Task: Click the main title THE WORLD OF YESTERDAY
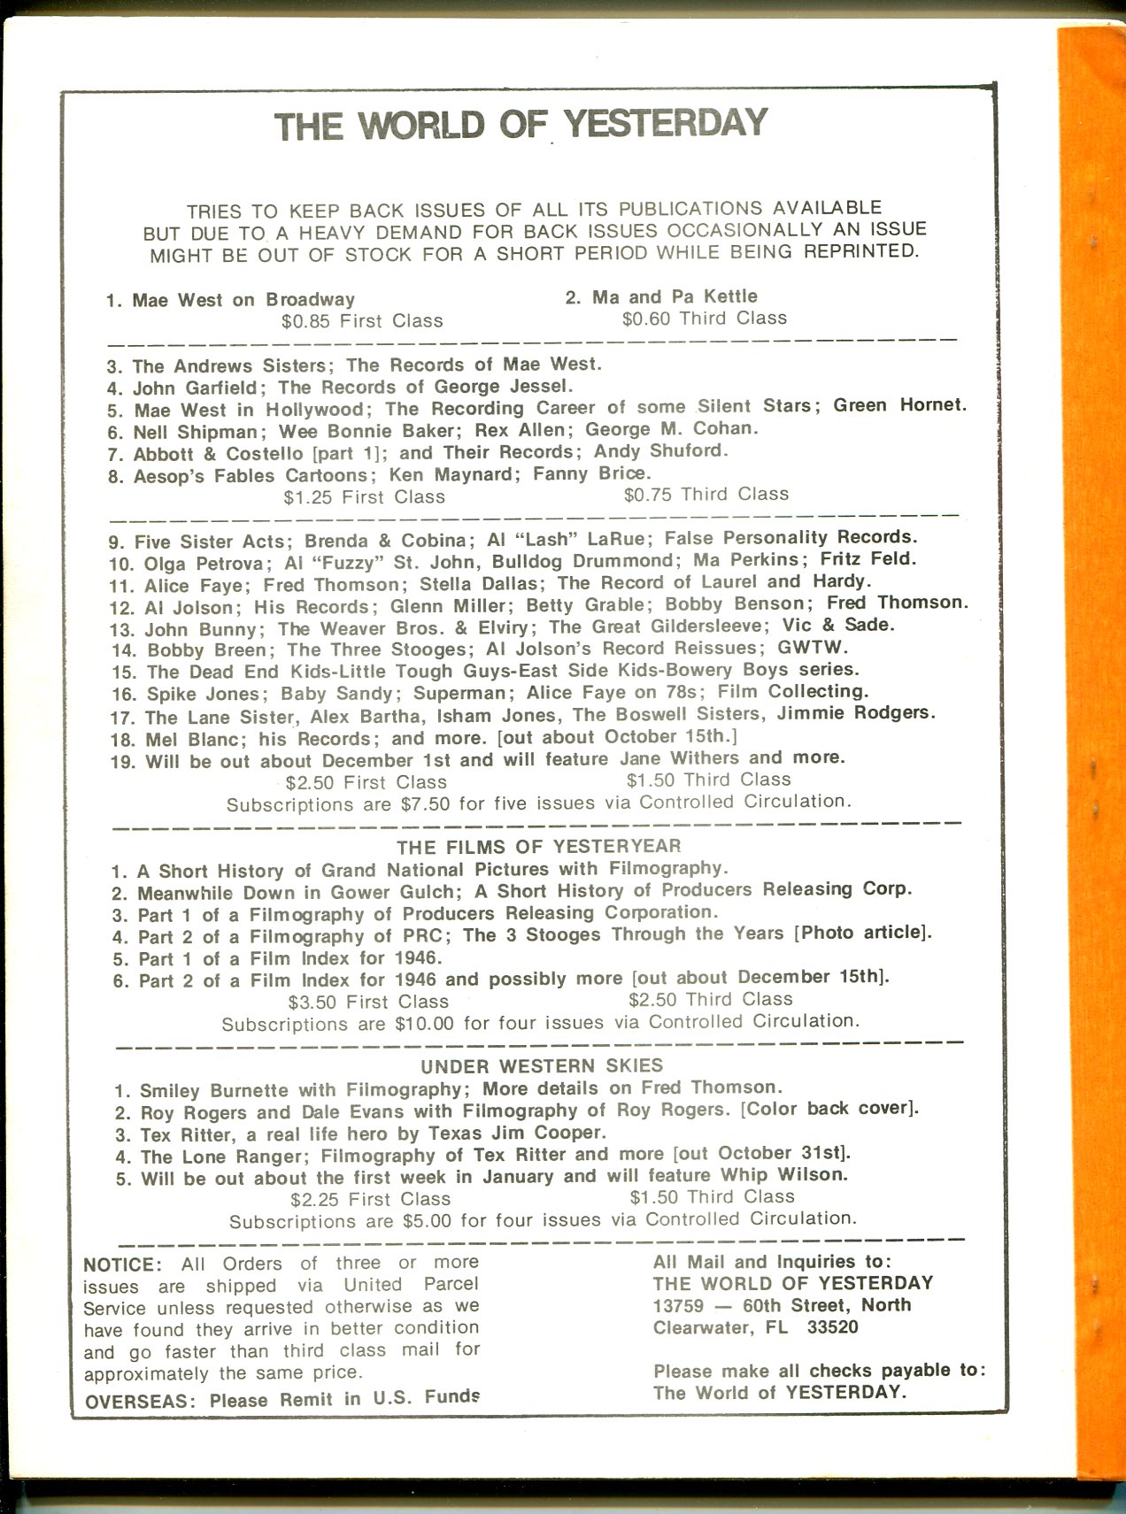tap(521, 123)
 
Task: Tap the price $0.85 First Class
tap(362, 321)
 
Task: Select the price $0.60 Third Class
tap(704, 319)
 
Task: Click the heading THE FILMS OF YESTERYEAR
tap(538, 847)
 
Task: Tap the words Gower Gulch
tap(392, 892)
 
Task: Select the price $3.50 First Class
tap(368, 1002)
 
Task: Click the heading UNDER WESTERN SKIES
tap(542, 1065)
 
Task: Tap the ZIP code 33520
tap(832, 1327)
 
